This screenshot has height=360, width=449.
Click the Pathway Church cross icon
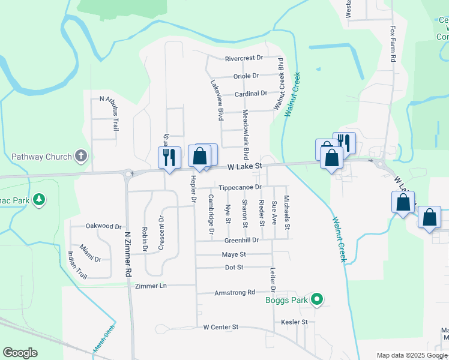82,157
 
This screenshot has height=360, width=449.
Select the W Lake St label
244,165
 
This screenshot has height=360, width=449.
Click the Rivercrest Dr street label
244,58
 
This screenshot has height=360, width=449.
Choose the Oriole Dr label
246,76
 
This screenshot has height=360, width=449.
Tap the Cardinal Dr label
251,94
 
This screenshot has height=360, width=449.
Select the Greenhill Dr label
241,240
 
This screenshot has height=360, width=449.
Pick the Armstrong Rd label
235,292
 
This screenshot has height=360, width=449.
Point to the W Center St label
221,327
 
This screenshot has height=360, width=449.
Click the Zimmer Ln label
151,286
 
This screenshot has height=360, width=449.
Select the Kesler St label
294,322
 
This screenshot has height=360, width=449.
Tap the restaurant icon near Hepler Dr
169,157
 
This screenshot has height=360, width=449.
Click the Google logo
20,353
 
